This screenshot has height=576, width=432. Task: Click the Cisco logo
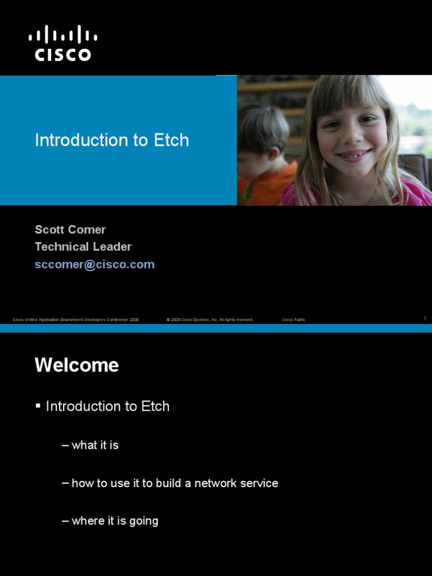63,43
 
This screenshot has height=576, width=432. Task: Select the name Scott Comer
70,229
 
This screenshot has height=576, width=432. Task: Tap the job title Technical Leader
83,246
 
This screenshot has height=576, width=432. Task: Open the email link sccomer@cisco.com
94,264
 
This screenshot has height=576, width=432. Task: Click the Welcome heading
76,365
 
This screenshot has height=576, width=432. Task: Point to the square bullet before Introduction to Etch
38,406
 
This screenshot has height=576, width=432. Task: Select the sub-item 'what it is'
95,445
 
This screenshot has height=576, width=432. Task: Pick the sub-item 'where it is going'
115,521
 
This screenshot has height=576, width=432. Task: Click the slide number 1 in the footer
425,318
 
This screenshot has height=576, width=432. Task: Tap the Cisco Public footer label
294,319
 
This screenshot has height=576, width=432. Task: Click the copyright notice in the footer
210,319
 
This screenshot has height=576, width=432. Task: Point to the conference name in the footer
76,319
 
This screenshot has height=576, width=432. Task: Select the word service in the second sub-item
258,483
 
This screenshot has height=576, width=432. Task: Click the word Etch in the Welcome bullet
155,406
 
